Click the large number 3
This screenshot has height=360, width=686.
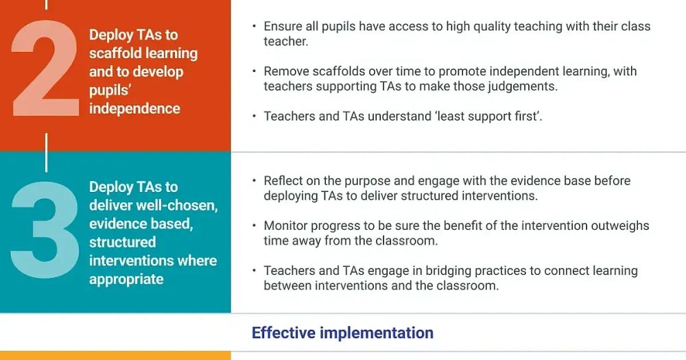pyautogui.click(x=45, y=230)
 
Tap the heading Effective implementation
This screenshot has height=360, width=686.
pyautogui.click(x=342, y=333)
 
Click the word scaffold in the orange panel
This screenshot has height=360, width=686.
pyautogui.click(x=115, y=53)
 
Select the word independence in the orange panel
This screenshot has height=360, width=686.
pyautogui.click(x=134, y=108)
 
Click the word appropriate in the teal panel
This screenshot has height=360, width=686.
pyautogui.click(x=126, y=279)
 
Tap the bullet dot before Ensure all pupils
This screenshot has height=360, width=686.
pyautogui.click(x=255, y=26)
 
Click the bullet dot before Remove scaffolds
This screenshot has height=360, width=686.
pyautogui.click(x=255, y=71)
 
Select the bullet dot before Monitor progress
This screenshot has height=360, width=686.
pyautogui.click(x=255, y=226)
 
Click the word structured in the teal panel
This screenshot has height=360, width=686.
pyautogui.click(x=123, y=242)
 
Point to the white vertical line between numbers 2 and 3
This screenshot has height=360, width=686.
pyautogui.click(x=47, y=153)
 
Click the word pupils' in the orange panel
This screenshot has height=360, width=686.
pyautogui.click(x=110, y=91)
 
